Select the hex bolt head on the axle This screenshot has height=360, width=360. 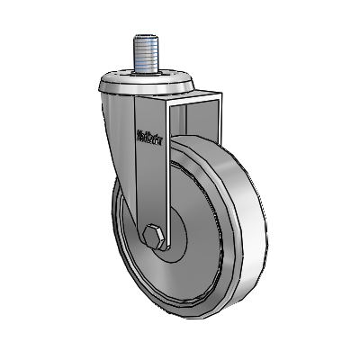pyautogui.click(x=154, y=237)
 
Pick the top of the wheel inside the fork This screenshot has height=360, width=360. pyautogui.click(x=193, y=142)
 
